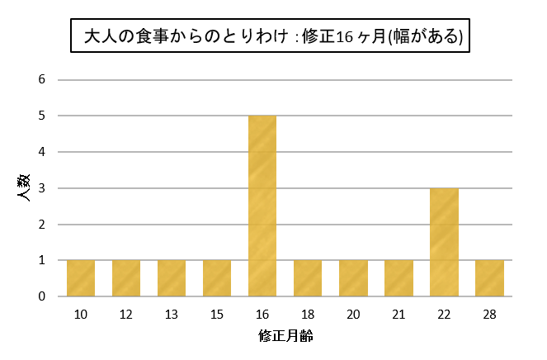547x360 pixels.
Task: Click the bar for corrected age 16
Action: click(262, 206)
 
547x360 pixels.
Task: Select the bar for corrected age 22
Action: click(444, 242)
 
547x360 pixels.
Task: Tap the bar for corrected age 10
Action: click(81, 278)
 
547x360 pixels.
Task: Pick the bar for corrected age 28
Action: click(489, 278)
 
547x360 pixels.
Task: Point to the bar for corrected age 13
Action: click(172, 278)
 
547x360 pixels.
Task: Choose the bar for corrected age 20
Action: click(353, 278)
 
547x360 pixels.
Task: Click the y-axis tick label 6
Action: click(41, 80)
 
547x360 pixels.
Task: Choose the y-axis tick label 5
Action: click(41, 116)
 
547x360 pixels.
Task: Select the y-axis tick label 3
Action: click(41, 188)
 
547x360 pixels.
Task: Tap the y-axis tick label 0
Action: click(41, 296)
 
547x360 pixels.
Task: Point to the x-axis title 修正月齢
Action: click(285, 336)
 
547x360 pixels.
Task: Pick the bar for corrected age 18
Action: click(308, 278)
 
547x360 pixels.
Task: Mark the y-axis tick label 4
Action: click(41, 152)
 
